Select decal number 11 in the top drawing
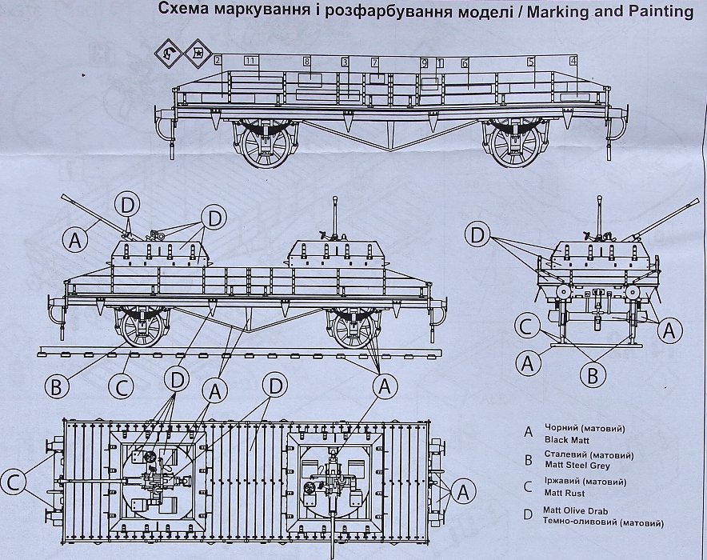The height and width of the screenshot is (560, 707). point(250,61)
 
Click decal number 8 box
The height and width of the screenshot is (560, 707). point(306,61)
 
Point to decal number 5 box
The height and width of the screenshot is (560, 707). point(530,62)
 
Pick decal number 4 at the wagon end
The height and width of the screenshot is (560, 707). point(573,61)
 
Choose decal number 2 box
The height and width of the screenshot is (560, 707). point(218,61)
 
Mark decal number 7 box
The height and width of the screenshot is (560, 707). point(373,62)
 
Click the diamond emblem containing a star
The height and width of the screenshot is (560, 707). point(195,54)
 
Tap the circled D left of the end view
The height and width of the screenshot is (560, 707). point(477,236)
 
